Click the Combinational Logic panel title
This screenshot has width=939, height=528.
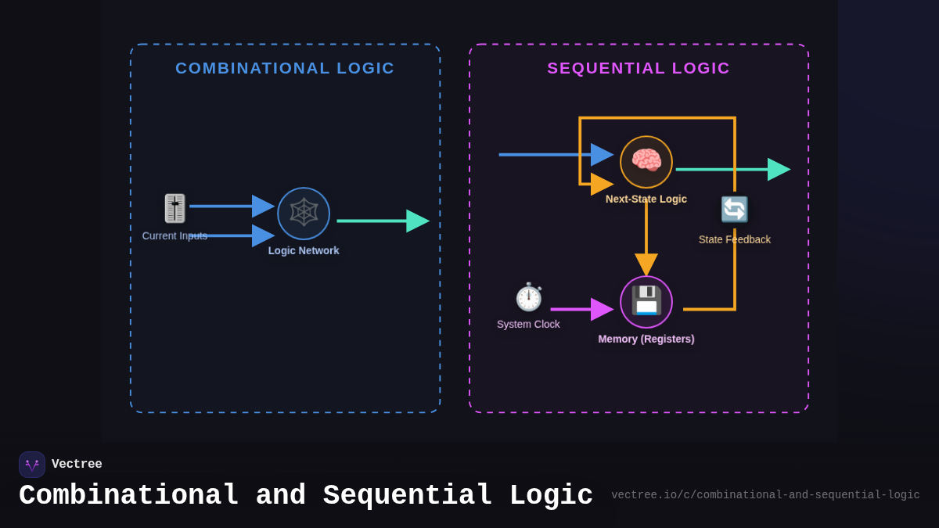(285, 68)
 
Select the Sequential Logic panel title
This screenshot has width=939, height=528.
(639, 68)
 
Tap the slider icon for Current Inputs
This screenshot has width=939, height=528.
(174, 208)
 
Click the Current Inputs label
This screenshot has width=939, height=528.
(174, 235)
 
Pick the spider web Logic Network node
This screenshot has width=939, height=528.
(304, 213)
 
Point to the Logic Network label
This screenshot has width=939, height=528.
(304, 250)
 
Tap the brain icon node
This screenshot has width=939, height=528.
(646, 162)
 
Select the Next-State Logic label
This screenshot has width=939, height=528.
(646, 199)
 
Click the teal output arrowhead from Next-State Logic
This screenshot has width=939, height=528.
(779, 169)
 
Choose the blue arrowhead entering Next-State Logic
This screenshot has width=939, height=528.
(602, 155)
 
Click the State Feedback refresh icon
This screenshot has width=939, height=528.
(734, 210)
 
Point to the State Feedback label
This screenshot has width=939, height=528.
(735, 239)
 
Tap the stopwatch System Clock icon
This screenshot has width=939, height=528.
(529, 297)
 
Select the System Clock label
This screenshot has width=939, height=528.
(528, 324)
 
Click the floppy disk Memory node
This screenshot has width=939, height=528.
(646, 301)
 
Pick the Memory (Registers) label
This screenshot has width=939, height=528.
(646, 339)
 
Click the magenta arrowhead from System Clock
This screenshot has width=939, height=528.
(602, 310)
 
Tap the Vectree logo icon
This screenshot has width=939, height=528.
(32, 465)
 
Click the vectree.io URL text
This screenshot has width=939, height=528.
(765, 495)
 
